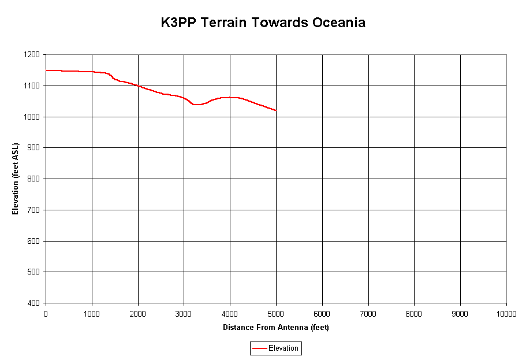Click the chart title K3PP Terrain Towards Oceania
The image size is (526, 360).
tap(263, 23)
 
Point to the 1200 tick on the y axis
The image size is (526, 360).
tap(32, 55)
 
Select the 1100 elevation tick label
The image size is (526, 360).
tap(32, 86)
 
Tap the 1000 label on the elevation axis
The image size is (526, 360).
tap(32, 117)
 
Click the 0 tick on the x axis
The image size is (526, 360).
tap(46, 313)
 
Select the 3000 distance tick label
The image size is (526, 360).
tap(184, 313)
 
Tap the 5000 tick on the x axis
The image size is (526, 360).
tap(276, 313)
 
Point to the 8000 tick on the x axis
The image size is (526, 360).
tap(414, 313)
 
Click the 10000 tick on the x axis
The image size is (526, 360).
tap(506, 313)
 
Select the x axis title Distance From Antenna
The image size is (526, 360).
tap(275, 328)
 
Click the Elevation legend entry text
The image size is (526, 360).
tap(283, 348)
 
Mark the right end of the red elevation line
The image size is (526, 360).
tap(276, 110)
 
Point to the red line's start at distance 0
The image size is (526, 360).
tap(46, 70)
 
